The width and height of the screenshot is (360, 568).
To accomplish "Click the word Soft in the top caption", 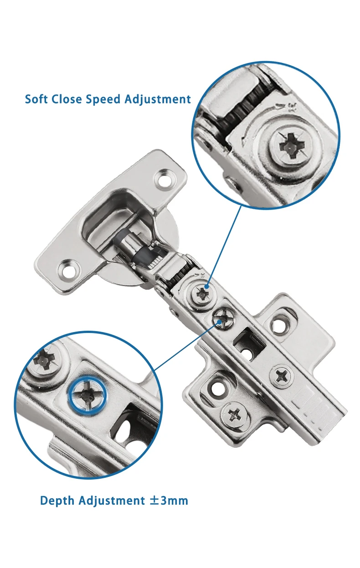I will (37, 99).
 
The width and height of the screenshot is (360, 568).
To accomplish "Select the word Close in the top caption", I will (68, 99).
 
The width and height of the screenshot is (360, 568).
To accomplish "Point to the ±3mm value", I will (169, 500).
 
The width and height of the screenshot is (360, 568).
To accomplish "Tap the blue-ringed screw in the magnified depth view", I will (87, 394).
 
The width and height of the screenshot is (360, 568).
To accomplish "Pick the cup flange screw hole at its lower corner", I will (69, 271).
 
